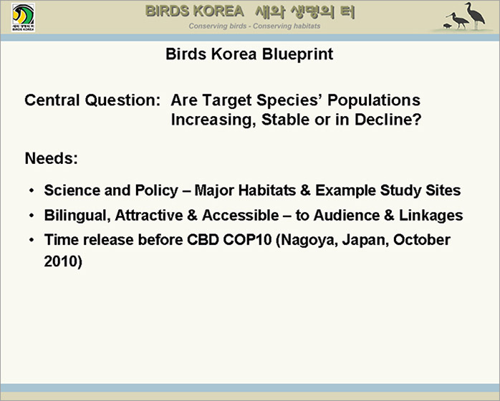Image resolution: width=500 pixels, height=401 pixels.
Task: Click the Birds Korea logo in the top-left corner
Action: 23,17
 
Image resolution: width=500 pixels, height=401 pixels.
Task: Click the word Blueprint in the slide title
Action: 297,54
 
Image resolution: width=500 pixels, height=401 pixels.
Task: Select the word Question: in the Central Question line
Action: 122,100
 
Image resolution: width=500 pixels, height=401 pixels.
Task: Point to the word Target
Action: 227,100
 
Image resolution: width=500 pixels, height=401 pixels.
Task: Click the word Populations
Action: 374,100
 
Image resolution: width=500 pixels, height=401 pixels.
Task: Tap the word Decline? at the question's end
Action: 388,120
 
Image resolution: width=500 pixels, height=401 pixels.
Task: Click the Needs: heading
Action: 52,158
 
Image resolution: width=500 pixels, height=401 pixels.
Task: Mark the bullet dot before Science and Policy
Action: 32,190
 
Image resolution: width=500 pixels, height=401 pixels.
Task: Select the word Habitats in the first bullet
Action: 267,190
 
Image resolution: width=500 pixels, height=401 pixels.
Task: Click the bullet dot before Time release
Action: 32,240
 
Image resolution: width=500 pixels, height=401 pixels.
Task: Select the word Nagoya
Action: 307,240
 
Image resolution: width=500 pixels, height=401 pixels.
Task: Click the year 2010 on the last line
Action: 61,261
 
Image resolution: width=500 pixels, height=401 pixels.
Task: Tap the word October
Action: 421,240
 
